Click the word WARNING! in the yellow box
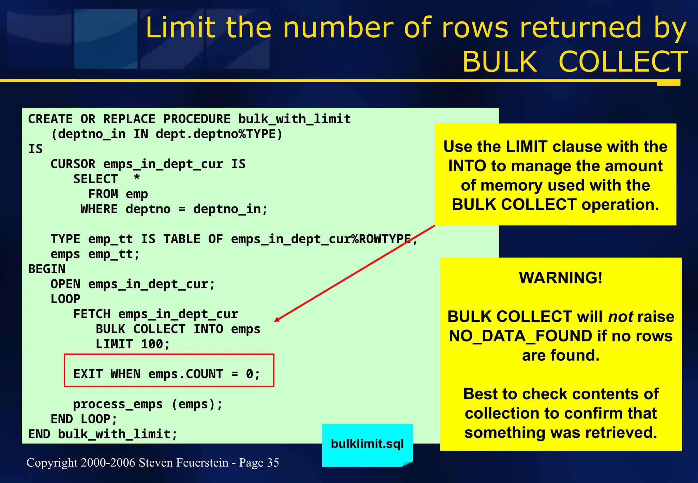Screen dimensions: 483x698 click(x=561, y=278)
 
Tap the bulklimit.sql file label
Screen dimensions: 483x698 click(x=367, y=444)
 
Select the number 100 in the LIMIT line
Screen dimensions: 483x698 click(x=152, y=344)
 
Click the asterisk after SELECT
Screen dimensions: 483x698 click(x=137, y=178)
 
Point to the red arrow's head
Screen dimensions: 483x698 click(x=276, y=320)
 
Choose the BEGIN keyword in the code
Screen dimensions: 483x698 click(x=47, y=269)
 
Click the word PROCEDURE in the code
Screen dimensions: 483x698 click(x=197, y=119)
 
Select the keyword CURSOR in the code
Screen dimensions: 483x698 click(x=73, y=164)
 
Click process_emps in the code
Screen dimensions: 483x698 click(x=118, y=404)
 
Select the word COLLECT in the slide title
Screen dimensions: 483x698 click(x=623, y=62)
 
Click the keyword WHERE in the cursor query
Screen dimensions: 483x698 click(x=99, y=209)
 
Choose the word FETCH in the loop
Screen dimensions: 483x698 click(x=92, y=314)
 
